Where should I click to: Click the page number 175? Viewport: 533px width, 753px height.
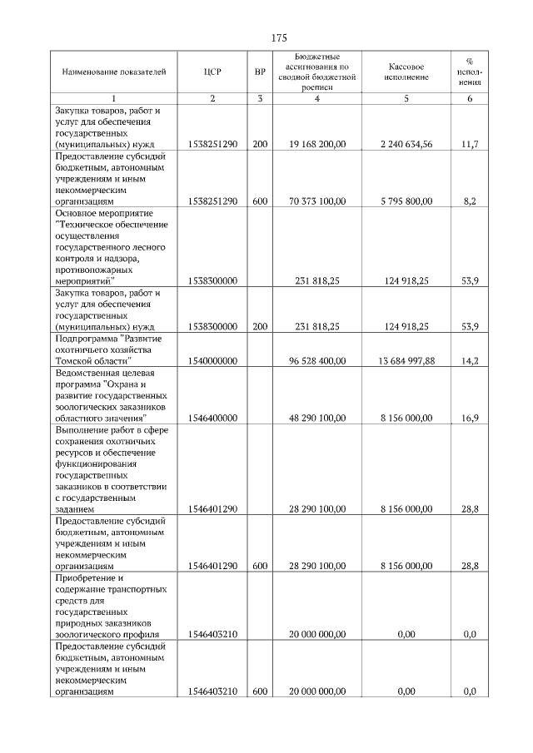click(280, 38)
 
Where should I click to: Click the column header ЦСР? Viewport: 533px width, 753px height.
click(212, 72)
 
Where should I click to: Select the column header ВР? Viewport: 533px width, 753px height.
click(260, 72)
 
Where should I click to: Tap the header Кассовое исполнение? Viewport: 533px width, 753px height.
click(406, 72)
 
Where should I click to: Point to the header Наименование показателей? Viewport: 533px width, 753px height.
click(115, 72)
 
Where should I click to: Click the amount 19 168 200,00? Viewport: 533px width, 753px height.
click(317, 144)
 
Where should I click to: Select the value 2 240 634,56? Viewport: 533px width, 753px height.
click(406, 144)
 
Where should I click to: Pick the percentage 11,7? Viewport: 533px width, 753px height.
click(469, 144)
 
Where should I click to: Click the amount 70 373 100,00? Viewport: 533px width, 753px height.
click(317, 201)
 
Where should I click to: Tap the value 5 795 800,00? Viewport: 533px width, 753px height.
click(406, 201)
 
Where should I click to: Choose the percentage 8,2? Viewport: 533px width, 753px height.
click(469, 201)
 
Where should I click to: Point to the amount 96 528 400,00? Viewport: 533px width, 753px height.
click(317, 361)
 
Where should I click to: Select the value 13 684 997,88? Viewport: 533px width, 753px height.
click(406, 361)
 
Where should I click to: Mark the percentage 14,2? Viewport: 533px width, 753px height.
click(469, 361)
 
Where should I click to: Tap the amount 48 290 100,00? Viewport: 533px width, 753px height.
click(317, 418)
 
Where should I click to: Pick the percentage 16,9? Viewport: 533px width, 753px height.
click(469, 418)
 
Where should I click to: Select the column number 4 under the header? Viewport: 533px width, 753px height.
click(317, 99)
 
